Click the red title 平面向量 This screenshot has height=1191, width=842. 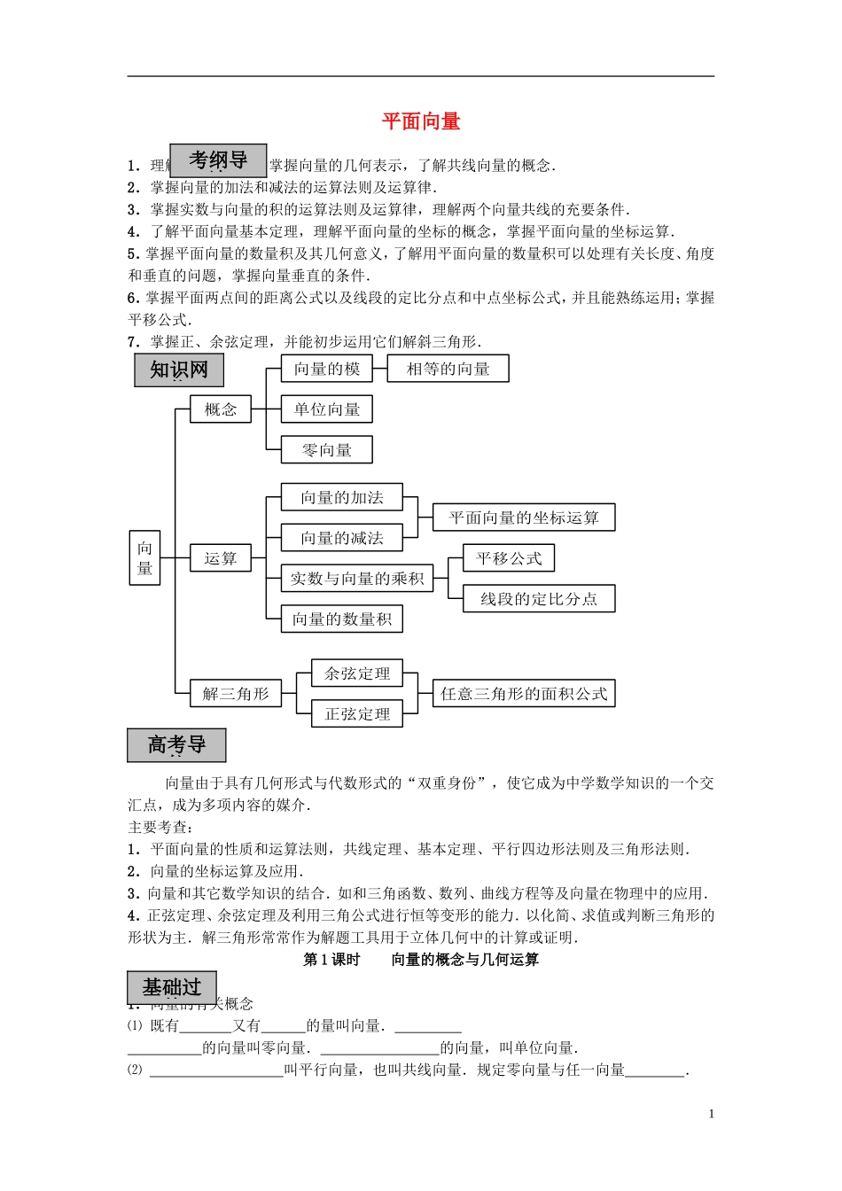click(x=421, y=121)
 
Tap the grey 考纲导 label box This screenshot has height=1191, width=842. click(x=218, y=160)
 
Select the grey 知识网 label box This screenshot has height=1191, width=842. click(x=179, y=370)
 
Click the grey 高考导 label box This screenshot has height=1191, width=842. click(x=176, y=745)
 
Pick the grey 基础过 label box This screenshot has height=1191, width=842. click(x=172, y=987)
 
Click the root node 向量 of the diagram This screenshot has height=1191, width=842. click(x=145, y=558)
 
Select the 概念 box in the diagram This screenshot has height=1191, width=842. click(x=221, y=409)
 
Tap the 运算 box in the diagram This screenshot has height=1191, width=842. click(x=221, y=558)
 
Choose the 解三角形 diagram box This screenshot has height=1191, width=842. click(x=236, y=694)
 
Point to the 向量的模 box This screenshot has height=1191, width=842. click(x=327, y=369)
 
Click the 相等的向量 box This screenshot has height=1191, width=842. click(x=448, y=369)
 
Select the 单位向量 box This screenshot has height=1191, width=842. click(x=327, y=409)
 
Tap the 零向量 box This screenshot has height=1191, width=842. click(x=327, y=450)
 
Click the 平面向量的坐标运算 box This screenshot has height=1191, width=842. click(x=524, y=518)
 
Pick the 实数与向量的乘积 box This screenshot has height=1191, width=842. click(x=357, y=579)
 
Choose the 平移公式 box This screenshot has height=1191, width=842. click(x=509, y=558)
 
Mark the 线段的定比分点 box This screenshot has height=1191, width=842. click(x=539, y=599)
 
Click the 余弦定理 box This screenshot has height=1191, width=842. click(x=357, y=673)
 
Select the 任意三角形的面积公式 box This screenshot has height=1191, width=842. click(x=524, y=694)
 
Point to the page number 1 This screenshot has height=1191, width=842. click(x=712, y=1114)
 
